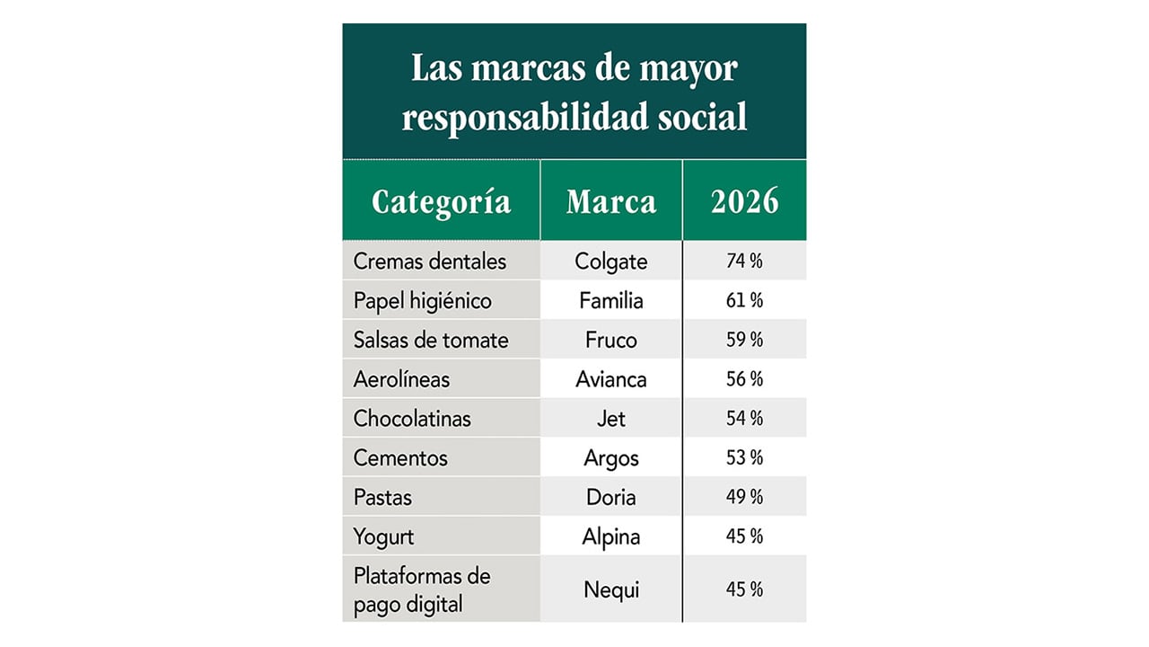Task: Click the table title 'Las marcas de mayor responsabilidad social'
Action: [x=574, y=93]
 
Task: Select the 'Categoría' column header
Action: [x=441, y=201]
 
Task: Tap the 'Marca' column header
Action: [x=610, y=201]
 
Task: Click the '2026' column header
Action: [x=744, y=201]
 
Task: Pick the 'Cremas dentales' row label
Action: [x=430, y=261]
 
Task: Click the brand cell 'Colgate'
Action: [x=610, y=261]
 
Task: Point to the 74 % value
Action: [x=744, y=261]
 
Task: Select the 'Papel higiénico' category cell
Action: [x=423, y=301]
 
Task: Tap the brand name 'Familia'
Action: [x=610, y=301]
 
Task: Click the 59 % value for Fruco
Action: [x=744, y=340]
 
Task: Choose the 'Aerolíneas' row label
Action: [x=401, y=379]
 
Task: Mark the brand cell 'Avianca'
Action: [x=610, y=379]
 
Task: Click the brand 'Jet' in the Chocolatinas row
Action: [x=610, y=419]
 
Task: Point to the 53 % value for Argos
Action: [x=744, y=457]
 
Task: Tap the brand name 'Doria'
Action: [x=610, y=497]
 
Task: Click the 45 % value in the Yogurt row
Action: [x=744, y=536]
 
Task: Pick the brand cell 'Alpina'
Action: [x=610, y=536]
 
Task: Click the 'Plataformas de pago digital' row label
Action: [x=422, y=589]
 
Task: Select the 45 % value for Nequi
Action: [x=744, y=589]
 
